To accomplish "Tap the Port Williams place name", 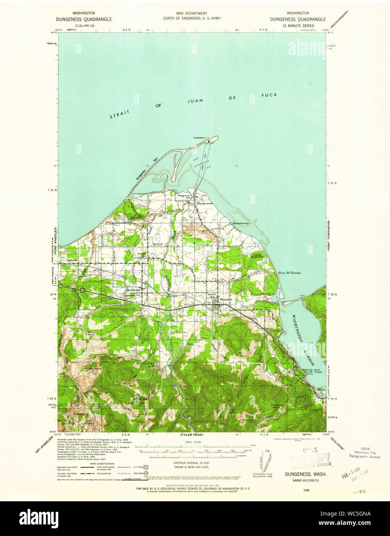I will [289, 273].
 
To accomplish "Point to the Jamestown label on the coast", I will [240, 223].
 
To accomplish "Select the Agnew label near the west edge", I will [72, 260].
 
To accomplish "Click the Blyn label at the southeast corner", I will [321, 389].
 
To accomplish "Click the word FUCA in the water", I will [269, 95].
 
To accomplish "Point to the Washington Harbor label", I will [303, 339].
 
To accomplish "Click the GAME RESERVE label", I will [258, 256].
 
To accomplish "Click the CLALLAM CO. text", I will [84, 25].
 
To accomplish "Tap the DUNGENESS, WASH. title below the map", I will [305, 474].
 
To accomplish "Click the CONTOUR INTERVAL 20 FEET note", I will [192, 462].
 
